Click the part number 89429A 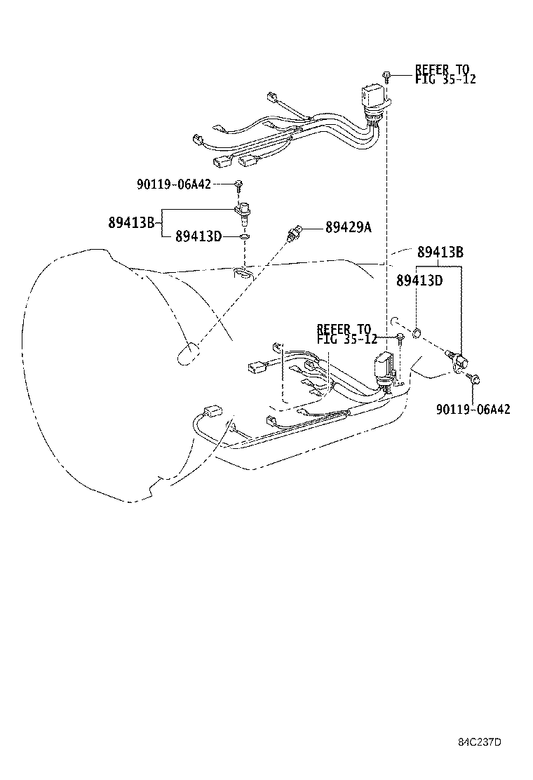click(x=348, y=227)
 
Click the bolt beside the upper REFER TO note click(x=386, y=74)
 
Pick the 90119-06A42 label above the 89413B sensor click(x=173, y=184)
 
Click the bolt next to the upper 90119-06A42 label click(x=238, y=185)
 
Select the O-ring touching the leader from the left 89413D click(x=243, y=237)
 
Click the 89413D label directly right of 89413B click(x=198, y=236)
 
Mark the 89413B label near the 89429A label click(x=440, y=253)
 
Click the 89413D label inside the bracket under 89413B click(x=419, y=281)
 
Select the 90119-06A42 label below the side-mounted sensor click(x=473, y=409)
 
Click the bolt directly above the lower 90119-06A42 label click(x=475, y=380)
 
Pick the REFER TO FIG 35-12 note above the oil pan click(x=347, y=334)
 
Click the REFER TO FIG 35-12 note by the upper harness click(x=445, y=74)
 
